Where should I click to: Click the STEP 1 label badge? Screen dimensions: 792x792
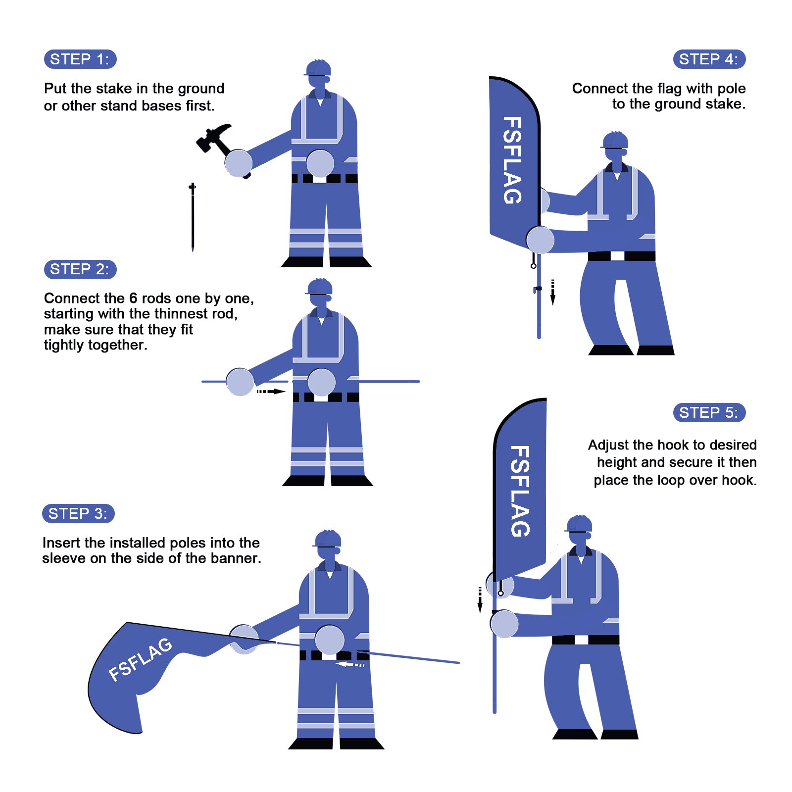(x=80, y=59)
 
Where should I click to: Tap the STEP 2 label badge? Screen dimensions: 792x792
(x=80, y=269)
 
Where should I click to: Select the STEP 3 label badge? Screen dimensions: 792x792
(x=78, y=513)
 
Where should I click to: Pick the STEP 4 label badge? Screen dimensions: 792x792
(x=709, y=59)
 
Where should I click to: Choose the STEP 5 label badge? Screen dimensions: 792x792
(x=709, y=412)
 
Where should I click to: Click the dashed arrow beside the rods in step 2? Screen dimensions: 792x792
(x=271, y=392)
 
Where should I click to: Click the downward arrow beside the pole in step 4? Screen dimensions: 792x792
(x=553, y=293)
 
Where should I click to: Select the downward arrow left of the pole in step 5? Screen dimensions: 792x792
(x=480, y=600)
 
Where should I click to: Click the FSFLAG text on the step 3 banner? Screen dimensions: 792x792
(x=140, y=659)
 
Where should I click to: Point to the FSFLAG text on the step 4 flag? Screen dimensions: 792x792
(x=512, y=160)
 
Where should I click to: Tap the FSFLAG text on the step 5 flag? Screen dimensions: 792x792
(x=520, y=491)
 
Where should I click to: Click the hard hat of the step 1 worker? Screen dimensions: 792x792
(x=318, y=68)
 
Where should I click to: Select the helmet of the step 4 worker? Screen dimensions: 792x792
(x=615, y=140)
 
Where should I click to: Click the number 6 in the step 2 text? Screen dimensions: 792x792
(x=133, y=298)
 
